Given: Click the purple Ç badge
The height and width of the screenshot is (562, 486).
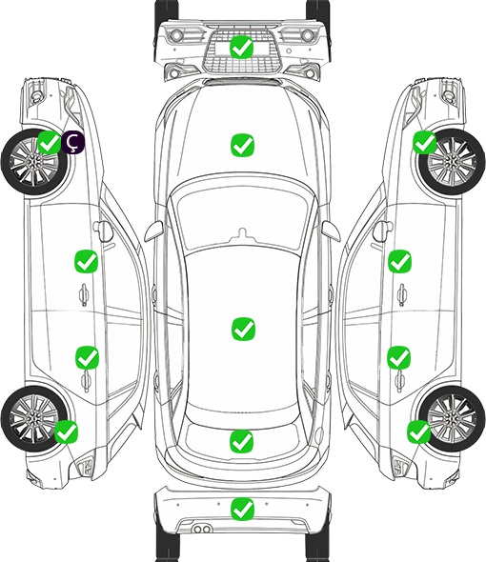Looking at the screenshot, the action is click(73, 142).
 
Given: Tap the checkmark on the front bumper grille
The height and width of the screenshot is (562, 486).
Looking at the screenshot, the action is click(242, 47).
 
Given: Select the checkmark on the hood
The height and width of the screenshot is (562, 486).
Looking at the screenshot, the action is click(242, 145).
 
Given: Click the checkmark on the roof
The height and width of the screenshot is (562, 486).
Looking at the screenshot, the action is click(243, 329).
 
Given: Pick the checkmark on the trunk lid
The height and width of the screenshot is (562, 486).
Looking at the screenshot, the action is click(242, 442).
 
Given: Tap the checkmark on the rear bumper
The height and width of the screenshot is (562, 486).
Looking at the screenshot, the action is click(242, 509).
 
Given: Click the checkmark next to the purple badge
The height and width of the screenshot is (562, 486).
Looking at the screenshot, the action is click(50, 142).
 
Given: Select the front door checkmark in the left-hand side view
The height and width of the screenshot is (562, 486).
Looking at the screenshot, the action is click(86, 262).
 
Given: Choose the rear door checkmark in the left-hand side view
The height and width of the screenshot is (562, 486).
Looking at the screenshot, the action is click(87, 357).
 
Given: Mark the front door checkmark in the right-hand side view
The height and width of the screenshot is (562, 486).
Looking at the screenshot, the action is click(400, 261).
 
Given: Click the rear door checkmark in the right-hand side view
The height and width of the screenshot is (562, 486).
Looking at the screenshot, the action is click(399, 357).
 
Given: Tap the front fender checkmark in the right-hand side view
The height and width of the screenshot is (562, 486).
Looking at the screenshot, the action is click(425, 142).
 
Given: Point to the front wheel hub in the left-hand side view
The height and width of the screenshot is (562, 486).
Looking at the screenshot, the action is click(34, 162).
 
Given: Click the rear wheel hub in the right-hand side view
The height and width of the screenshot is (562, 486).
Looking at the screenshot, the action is click(452, 418).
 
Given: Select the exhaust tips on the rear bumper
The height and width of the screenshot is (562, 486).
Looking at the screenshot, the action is click(202, 530).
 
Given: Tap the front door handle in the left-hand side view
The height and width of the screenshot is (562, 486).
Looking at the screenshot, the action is click(84, 294).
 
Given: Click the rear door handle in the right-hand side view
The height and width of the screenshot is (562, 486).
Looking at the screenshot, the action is click(400, 381).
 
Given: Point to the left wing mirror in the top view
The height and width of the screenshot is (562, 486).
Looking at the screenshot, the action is click(153, 231).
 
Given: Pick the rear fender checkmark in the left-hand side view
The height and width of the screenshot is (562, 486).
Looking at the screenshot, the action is click(66, 432).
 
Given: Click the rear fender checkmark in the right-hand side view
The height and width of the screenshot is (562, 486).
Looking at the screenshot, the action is click(418, 432).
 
